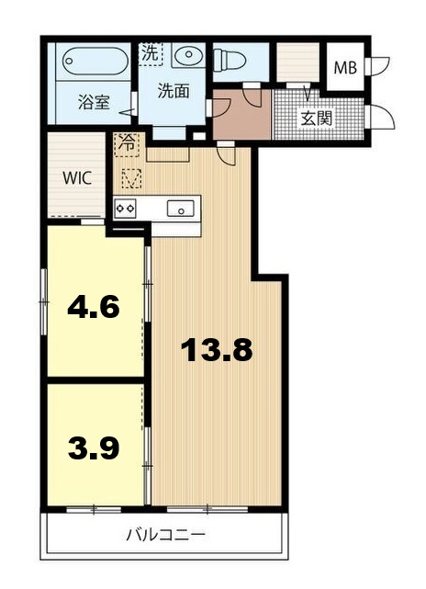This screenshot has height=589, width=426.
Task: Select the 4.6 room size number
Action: point(94,306)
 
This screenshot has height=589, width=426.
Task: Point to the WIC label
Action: point(76,178)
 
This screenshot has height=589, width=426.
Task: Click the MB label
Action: point(345,68)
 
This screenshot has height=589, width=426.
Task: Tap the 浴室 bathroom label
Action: point(93,102)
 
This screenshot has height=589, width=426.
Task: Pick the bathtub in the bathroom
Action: point(95,64)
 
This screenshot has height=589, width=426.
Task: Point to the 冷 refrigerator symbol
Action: point(125,143)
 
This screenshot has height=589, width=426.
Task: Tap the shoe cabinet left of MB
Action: point(296,62)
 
